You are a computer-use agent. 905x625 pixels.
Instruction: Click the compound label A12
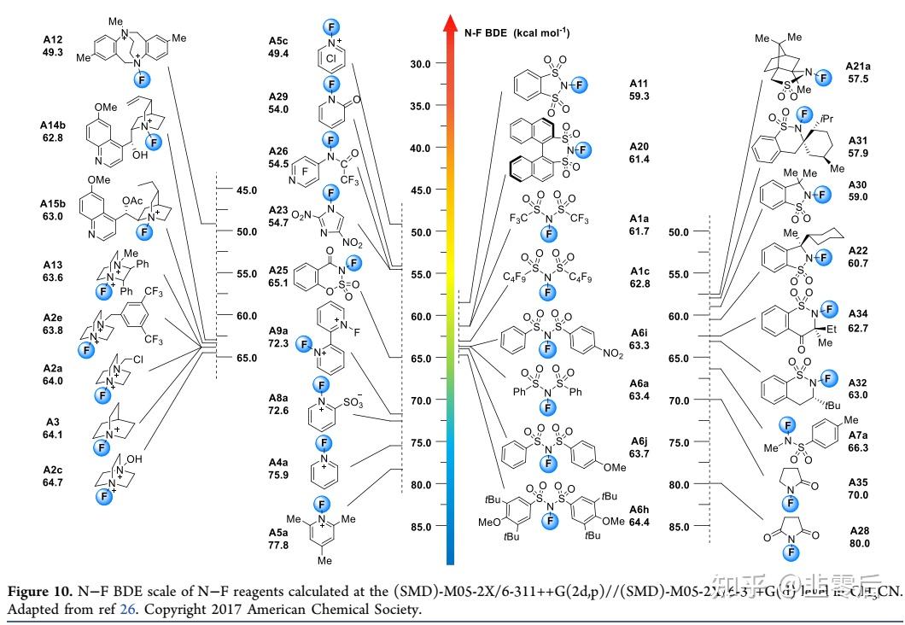54,39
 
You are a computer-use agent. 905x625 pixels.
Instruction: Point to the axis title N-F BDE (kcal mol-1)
517,33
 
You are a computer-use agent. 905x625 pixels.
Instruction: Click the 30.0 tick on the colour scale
420,63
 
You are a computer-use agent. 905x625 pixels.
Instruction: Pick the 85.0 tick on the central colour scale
420,527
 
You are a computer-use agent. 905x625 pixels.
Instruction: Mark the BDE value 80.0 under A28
858,543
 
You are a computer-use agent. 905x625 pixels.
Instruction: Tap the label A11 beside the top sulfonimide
639,84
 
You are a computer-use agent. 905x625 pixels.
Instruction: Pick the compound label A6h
639,510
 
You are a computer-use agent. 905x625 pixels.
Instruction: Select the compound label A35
858,482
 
